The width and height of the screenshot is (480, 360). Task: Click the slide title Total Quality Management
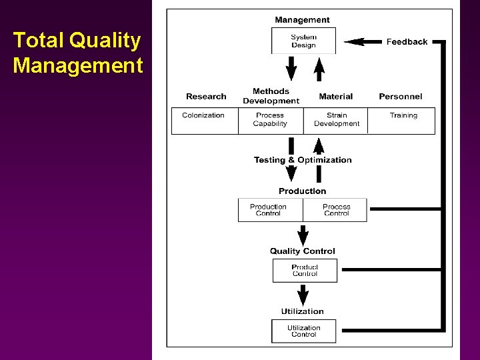click(78, 53)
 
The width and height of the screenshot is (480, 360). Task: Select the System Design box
click(303, 41)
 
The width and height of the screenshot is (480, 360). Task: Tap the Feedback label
click(407, 41)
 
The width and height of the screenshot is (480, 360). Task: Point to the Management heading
click(302, 20)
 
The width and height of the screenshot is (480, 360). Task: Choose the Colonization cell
click(203, 120)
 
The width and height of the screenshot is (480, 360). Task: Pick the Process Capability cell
click(270, 120)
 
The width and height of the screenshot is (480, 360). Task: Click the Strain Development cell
click(337, 120)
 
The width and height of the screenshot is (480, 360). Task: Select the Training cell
click(403, 120)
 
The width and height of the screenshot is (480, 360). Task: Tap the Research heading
click(206, 97)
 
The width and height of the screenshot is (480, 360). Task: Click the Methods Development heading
click(271, 96)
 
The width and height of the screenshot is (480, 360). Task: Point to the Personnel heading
click(400, 97)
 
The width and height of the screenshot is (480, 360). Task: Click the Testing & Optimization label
click(303, 160)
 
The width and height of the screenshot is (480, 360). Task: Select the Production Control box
click(269, 210)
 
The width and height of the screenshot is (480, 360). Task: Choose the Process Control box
click(336, 210)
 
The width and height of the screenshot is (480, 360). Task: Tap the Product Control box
click(305, 271)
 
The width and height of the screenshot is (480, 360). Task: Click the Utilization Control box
click(303, 331)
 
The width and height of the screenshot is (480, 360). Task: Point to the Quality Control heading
click(303, 251)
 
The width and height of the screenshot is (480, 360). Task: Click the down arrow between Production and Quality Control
click(303, 235)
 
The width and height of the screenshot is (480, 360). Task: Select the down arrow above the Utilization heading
click(303, 295)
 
